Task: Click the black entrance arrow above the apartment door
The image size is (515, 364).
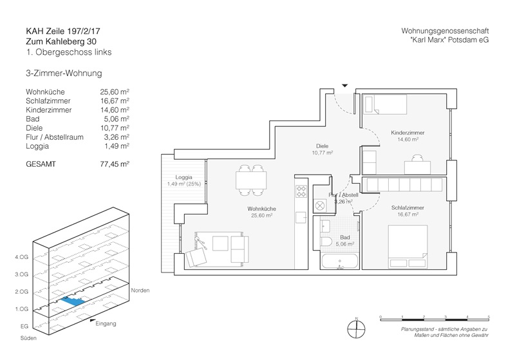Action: coord(344,85)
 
